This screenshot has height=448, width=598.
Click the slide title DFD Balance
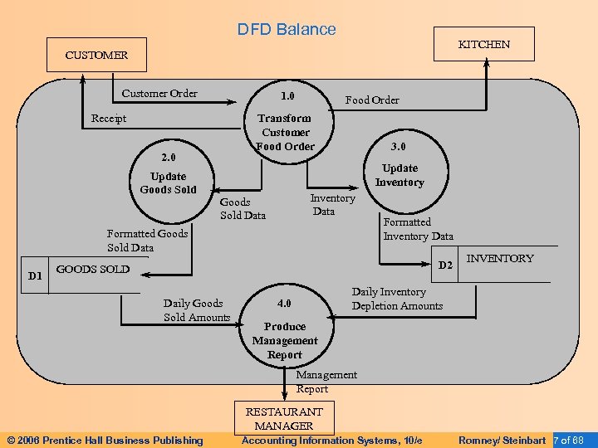(287, 29)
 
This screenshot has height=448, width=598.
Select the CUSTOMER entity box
(96, 55)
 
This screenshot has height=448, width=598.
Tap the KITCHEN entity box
(484, 44)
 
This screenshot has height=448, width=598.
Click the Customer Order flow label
(159, 93)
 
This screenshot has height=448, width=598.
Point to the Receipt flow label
(109, 119)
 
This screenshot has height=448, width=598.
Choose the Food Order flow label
(372, 100)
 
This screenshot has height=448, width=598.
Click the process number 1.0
(287, 95)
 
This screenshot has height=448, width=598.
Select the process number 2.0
(168, 157)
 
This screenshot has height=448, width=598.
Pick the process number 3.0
(399, 147)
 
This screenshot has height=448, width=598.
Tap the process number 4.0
(284, 303)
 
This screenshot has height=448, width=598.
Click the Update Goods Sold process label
(169, 183)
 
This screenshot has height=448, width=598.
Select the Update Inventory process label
(399, 175)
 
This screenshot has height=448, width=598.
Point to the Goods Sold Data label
(243, 209)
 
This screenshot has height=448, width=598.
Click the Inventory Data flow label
(331, 205)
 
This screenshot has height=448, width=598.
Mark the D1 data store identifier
(35, 274)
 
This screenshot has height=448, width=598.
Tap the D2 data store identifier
(446, 265)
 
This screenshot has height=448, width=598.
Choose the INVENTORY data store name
(500, 259)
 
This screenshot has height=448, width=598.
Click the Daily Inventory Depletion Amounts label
(397, 299)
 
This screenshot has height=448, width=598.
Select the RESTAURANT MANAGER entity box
(284, 419)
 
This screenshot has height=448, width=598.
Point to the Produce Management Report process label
(285, 340)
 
